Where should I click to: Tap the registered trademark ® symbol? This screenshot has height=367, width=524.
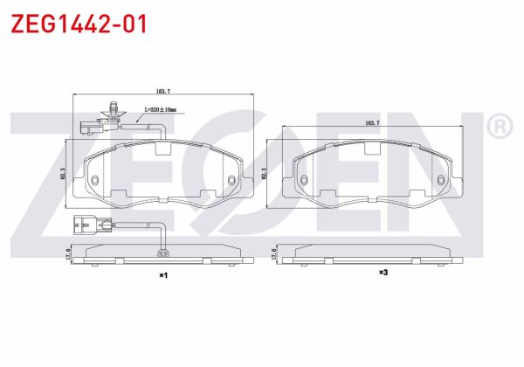(x=499, y=128)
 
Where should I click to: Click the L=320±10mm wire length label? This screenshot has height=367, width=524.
(x=159, y=110)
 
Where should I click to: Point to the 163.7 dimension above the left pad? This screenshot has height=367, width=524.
(x=162, y=90)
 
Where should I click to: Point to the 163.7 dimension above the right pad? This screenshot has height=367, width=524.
(x=370, y=124)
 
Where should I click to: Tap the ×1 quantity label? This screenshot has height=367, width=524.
(x=162, y=275)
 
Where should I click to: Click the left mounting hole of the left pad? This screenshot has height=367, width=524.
(x=93, y=180)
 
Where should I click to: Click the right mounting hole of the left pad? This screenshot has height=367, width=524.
(x=231, y=181)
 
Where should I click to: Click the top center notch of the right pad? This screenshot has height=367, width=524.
(x=370, y=148)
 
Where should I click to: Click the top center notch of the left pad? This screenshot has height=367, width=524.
(x=162, y=148)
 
